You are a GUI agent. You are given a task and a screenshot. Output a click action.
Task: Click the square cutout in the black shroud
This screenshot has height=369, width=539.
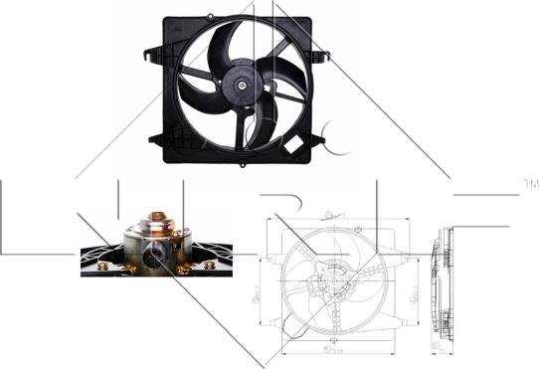(x=294, y=147)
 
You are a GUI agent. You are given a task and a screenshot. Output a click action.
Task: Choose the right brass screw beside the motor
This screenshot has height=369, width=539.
(x=186, y=266)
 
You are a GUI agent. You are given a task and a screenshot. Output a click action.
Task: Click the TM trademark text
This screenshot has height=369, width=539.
(x=529, y=185)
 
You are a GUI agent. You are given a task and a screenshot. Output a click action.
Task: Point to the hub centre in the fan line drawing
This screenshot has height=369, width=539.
(x=332, y=282)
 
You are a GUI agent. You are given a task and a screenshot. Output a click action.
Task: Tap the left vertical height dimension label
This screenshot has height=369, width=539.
(x=262, y=290)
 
